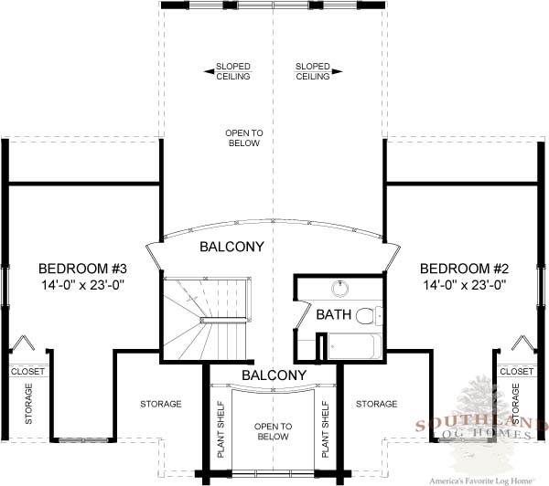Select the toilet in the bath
[x=369, y=314]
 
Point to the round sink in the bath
[x=340, y=289]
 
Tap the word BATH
[x=334, y=314]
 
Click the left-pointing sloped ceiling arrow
[x=210, y=71]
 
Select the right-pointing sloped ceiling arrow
[x=337, y=71]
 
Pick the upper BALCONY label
[x=231, y=247]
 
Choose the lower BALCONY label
[x=274, y=375]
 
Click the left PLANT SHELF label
[x=221, y=429]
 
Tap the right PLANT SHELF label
[x=325, y=429]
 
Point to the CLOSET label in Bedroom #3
[x=28, y=371]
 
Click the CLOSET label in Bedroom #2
[x=517, y=371]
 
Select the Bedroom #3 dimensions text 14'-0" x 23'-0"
[x=83, y=285]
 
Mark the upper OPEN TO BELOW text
[x=244, y=138]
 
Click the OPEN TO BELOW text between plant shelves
[x=273, y=431]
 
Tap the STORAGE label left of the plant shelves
[x=161, y=404]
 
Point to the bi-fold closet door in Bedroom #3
[x=23, y=343]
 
